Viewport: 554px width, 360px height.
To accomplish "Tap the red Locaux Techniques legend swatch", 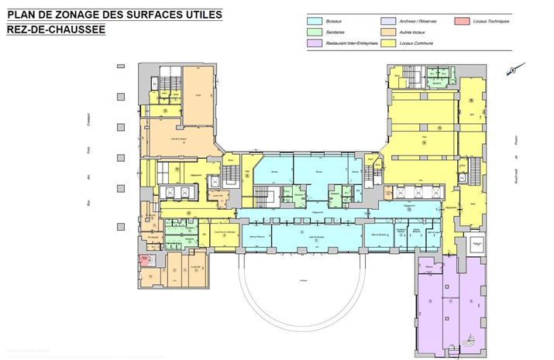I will point(462,21).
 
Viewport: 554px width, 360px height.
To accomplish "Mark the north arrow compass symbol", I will point(511,70).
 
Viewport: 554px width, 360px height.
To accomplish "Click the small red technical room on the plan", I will point(143,259).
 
